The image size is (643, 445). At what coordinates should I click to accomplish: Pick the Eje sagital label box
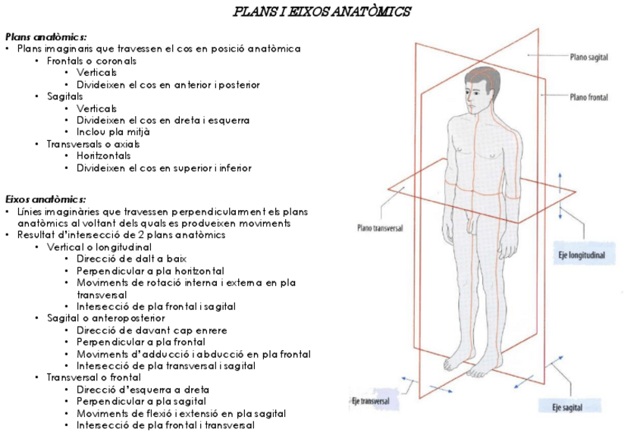coord(566,408)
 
